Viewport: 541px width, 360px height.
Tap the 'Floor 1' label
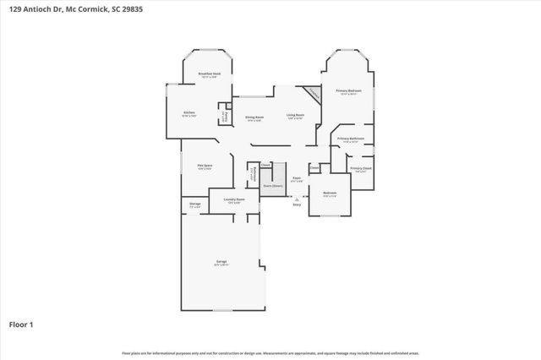tap(21, 324)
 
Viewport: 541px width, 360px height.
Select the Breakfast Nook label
tap(210, 75)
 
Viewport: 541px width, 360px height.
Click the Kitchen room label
tap(190, 113)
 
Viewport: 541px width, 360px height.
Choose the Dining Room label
tap(254, 118)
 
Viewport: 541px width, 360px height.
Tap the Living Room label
tap(295, 116)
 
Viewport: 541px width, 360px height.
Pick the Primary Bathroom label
tap(351, 139)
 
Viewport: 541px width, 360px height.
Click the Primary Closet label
tap(361, 169)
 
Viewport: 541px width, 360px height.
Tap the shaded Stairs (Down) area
tap(272, 183)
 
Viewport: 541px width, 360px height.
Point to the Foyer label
tap(297, 179)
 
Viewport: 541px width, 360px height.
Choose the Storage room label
tap(194, 205)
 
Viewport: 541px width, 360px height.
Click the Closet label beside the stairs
tap(265, 165)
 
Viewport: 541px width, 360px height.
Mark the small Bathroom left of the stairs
tap(252, 176)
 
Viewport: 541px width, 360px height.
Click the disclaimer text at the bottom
tap(270, 352)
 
